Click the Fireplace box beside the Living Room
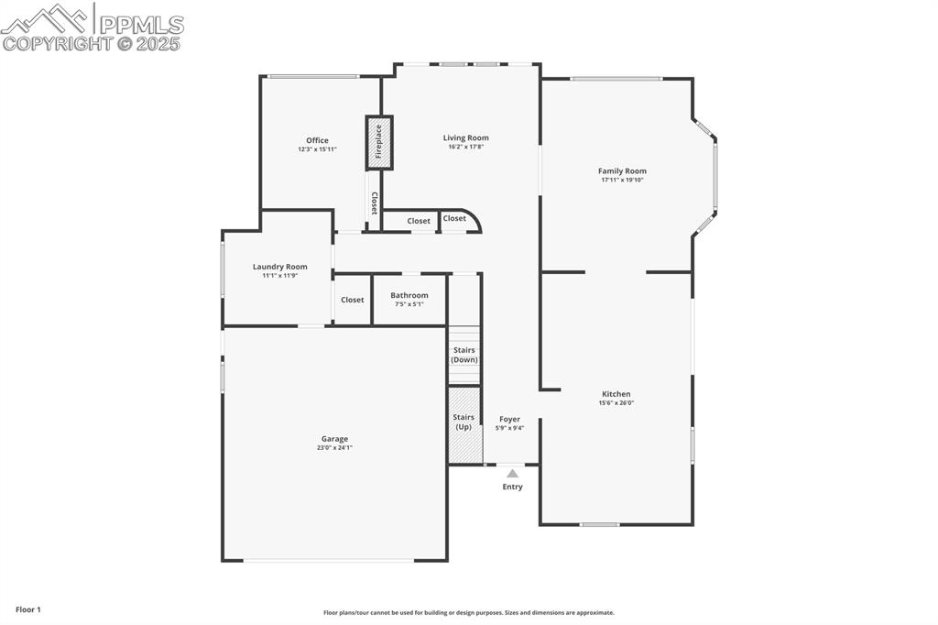379,142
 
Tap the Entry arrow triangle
512,474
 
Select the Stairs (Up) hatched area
464,425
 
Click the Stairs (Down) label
464,355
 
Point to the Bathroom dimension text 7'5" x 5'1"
409,304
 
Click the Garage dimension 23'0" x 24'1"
334,448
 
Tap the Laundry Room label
279,267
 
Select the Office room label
317,140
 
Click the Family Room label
622,171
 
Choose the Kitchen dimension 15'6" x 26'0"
616,402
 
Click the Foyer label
509,419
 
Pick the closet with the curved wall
455,219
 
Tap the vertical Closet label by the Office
374,203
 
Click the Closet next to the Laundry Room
352,300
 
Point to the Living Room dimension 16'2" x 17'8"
465,147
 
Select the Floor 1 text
28,609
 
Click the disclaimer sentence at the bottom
468,613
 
